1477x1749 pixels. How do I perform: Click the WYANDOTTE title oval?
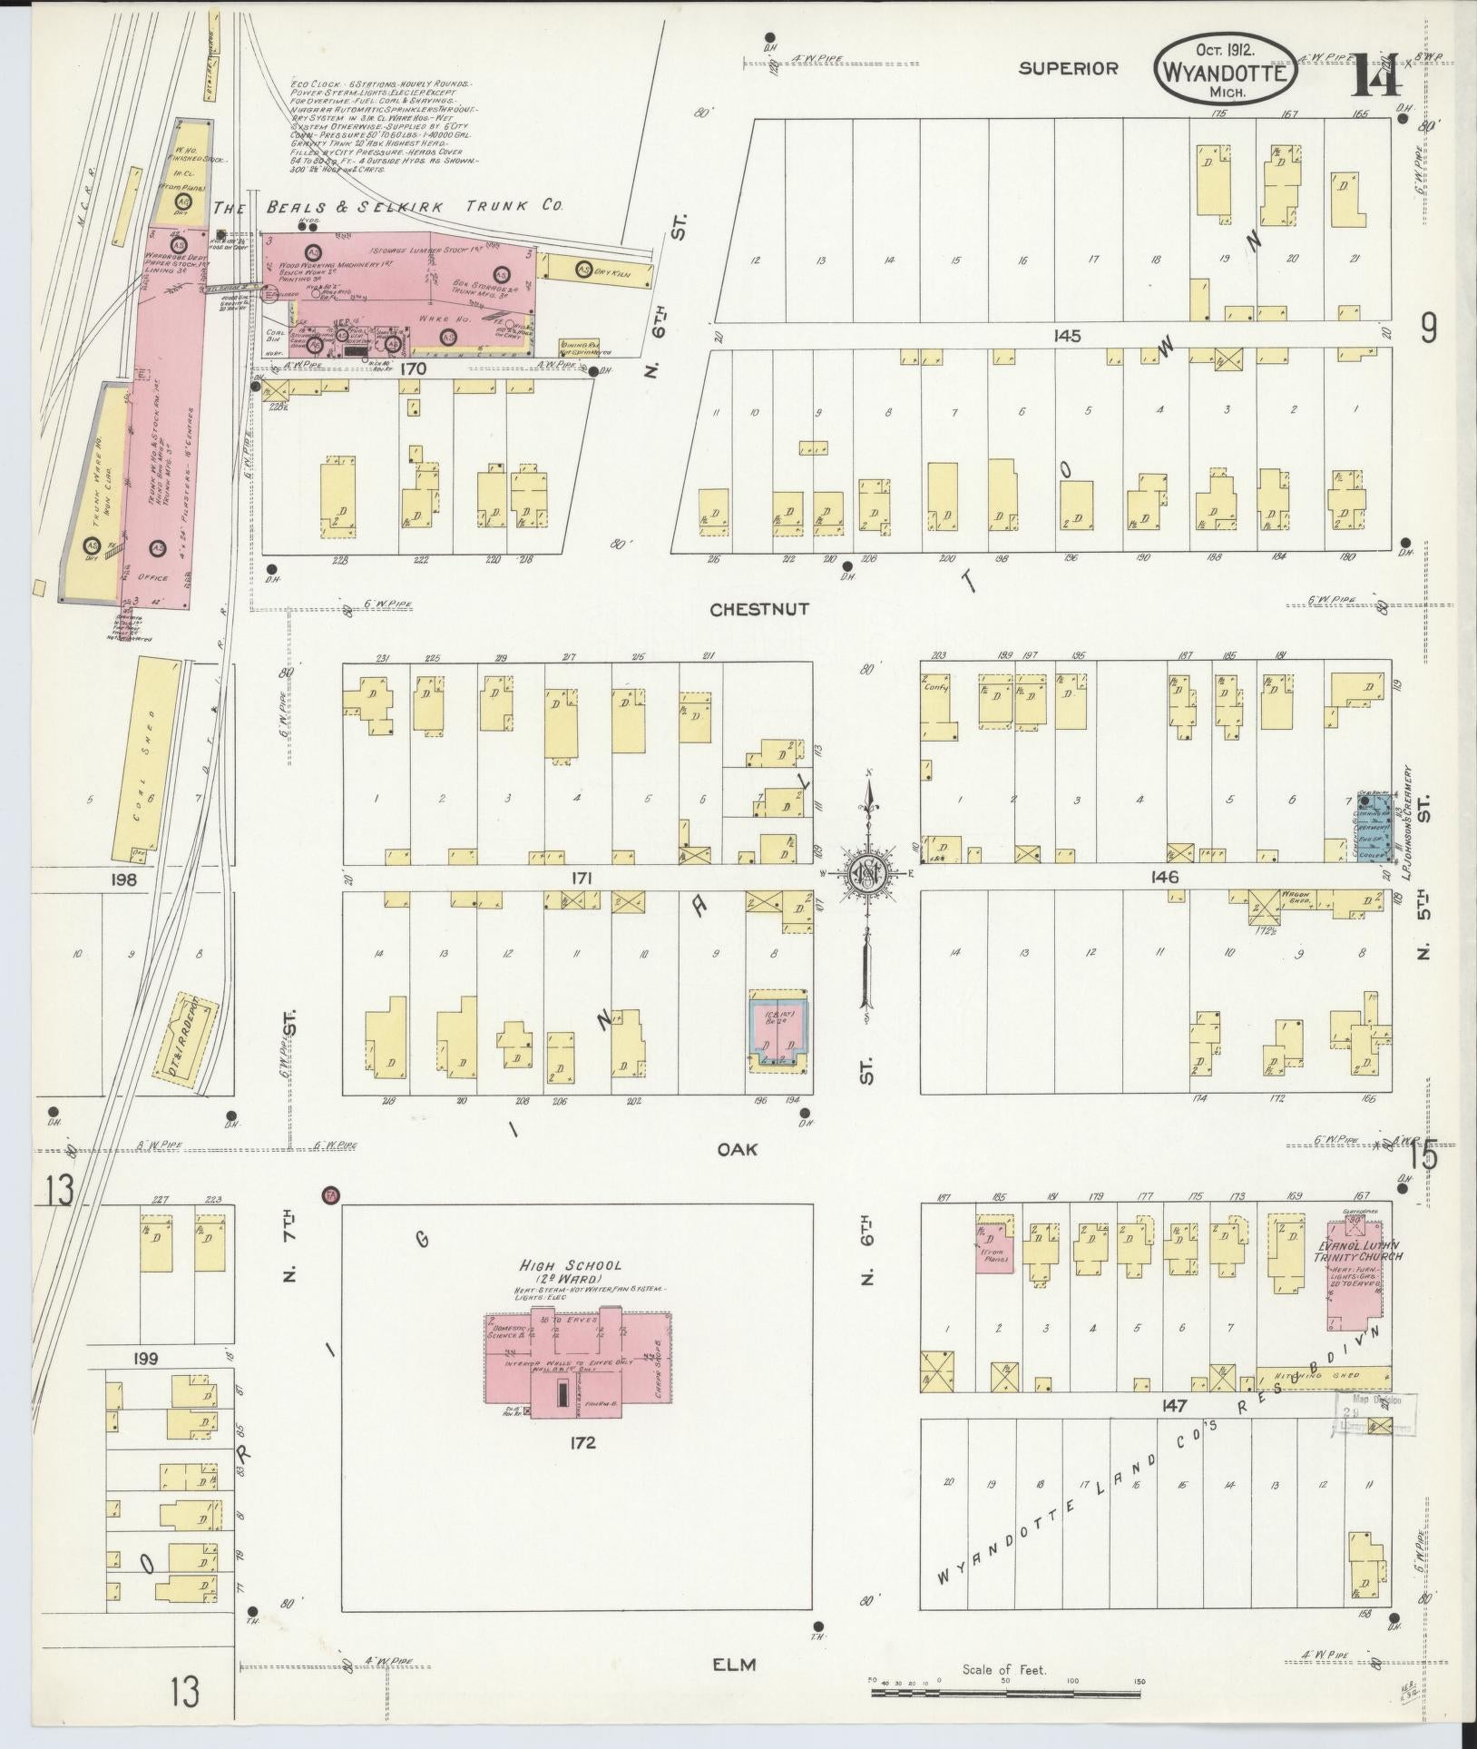(1225, 73)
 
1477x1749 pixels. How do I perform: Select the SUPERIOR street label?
(1068, 68)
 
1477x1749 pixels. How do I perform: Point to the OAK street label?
(737, 1149)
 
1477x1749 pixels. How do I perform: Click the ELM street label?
(735, 1664)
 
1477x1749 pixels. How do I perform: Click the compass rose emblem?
(868, 873)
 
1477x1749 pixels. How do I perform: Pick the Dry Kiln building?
(600, 269)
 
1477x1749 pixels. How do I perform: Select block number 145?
(1067, 336)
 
